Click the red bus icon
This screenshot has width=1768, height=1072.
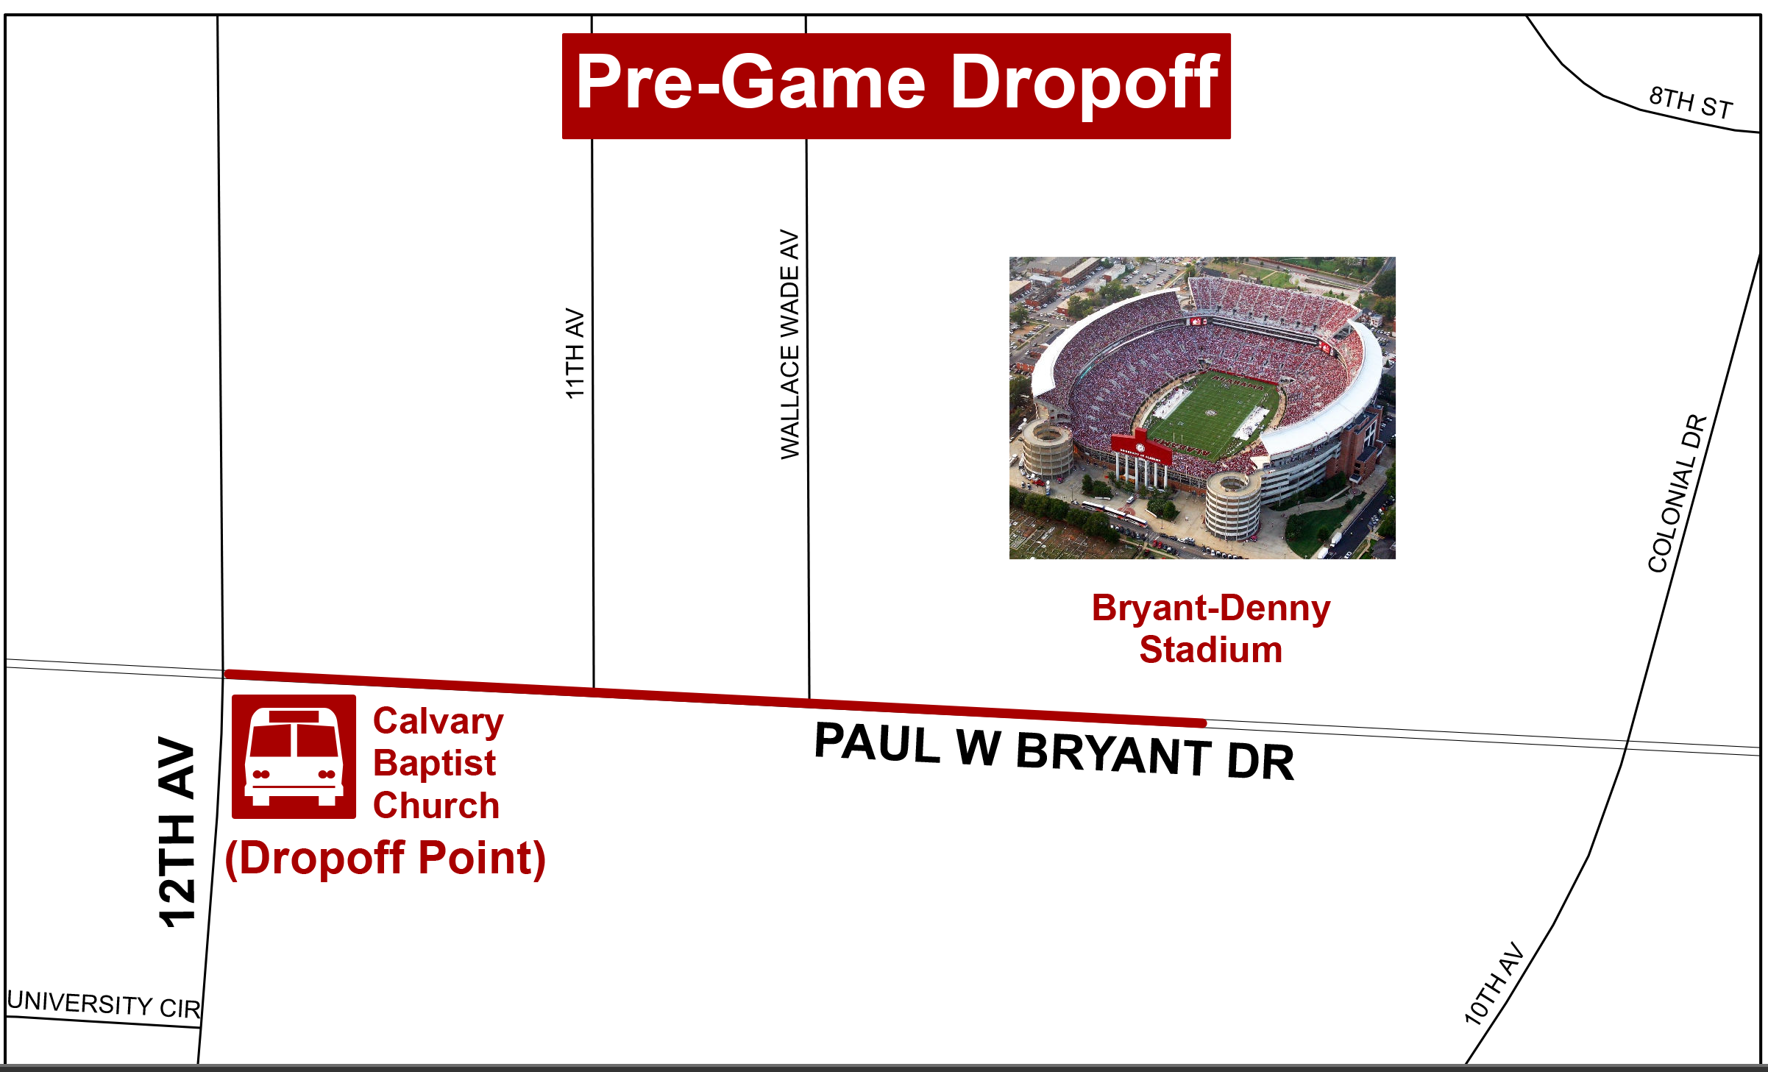tap(294, 756)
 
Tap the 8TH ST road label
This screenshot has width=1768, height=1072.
tap(1691, 102)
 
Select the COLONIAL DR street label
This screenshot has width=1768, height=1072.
tap(1677, 494)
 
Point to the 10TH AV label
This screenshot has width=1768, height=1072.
tap(1494, 984)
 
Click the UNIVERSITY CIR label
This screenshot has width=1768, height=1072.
tap(104, 1004)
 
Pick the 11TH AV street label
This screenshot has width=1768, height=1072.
tap(575, 353)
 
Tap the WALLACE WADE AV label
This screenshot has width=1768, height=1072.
tap(789, 344)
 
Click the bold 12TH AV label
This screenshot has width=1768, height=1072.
tap(177, 831)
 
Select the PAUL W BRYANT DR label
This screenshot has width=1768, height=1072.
tap(1054, 750)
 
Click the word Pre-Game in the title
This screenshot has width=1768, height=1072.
tap(750, 82)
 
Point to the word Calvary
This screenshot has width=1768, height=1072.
tap(439, 723)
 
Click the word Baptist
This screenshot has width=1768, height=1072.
tap(434, 764)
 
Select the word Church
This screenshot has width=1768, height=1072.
tap(436, 805)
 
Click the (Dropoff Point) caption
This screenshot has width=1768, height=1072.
tap(386, 859)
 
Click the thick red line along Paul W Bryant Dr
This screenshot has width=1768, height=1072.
tap(715, 698)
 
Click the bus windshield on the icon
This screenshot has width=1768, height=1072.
tap(294, 740)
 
